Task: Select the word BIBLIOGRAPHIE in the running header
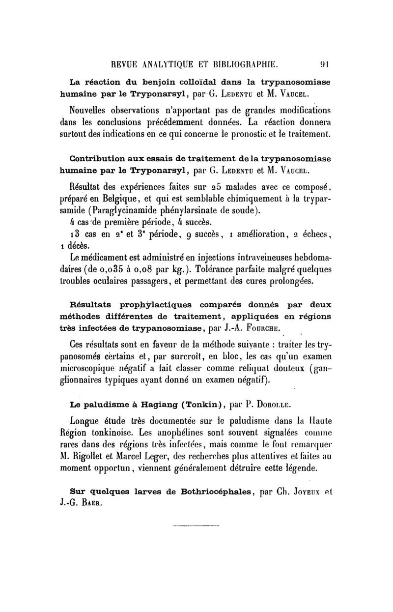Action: [243, 63]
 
